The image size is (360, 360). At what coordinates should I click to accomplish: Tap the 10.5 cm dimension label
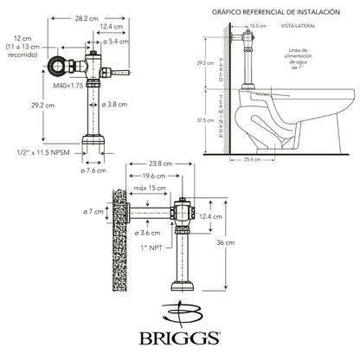tap(256, 26)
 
